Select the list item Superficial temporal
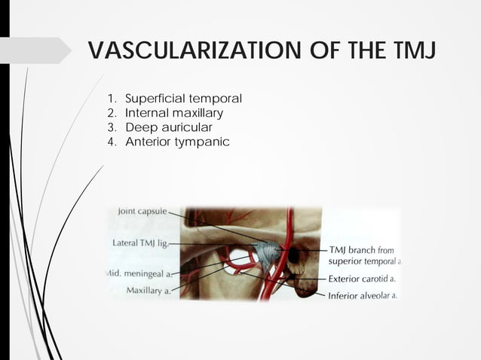(x=183, y=99)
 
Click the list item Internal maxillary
(x=174, y=113)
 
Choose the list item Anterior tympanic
(x=177, y=142)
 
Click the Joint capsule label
(x=142, y=212)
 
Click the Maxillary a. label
(x=148, y=290)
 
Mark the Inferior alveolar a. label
(x=363, y=295)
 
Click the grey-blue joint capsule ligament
(x=265, y=252)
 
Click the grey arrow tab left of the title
(x=34, y=50)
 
